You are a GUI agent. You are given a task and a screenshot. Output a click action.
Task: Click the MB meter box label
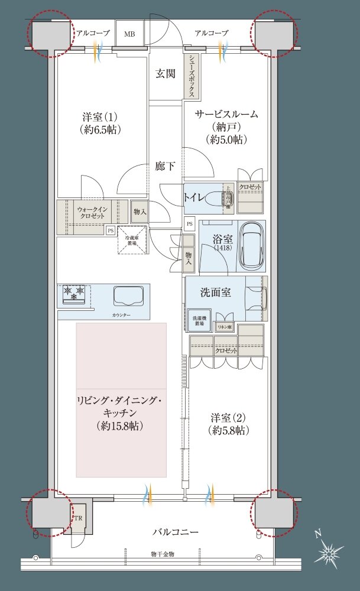pos(129,34)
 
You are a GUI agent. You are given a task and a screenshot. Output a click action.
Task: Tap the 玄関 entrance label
pos(166,74)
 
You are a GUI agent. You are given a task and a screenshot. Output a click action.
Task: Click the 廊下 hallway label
pos(165,167)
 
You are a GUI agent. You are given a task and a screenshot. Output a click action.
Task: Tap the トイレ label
pos(196,197)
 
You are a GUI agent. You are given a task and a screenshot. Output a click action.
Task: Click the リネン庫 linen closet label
pos(223,327)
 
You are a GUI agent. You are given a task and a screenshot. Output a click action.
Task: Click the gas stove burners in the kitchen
pos(74,292)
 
